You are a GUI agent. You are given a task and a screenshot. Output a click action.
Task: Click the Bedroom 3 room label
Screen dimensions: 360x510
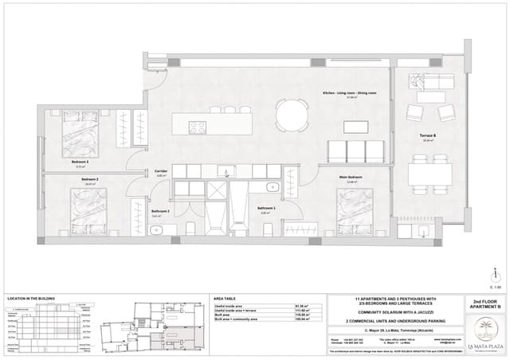point(80,162)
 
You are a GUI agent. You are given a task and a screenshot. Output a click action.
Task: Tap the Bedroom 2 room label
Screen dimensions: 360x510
point(89,179)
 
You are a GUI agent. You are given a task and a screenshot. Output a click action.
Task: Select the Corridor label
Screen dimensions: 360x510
point(160,171)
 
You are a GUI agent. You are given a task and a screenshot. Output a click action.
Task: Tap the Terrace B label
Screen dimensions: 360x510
point(427,135)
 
